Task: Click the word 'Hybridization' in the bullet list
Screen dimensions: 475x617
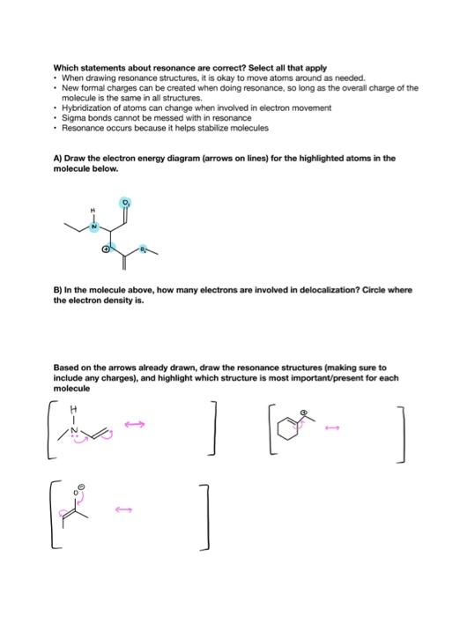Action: pos(84,108)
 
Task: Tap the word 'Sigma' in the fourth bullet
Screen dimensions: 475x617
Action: pos(71,117)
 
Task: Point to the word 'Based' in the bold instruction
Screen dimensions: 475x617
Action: pos(65,367)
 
